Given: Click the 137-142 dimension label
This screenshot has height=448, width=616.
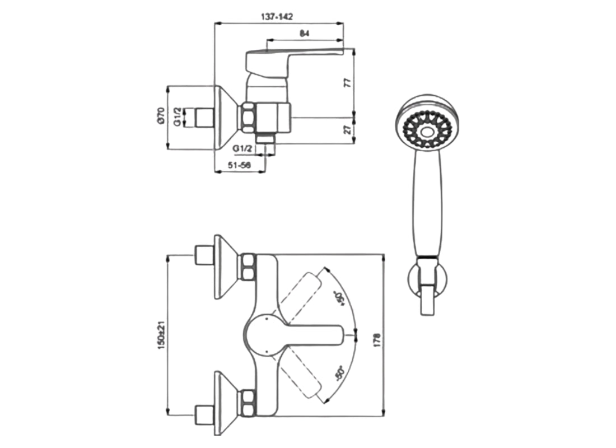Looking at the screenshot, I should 277,17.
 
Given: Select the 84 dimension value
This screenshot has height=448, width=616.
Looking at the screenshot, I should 304,34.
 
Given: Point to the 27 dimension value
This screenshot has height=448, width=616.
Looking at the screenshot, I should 347,130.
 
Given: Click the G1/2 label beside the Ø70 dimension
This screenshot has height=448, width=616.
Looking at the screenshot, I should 177,116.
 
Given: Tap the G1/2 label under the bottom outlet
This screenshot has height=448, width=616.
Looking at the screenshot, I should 244,148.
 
